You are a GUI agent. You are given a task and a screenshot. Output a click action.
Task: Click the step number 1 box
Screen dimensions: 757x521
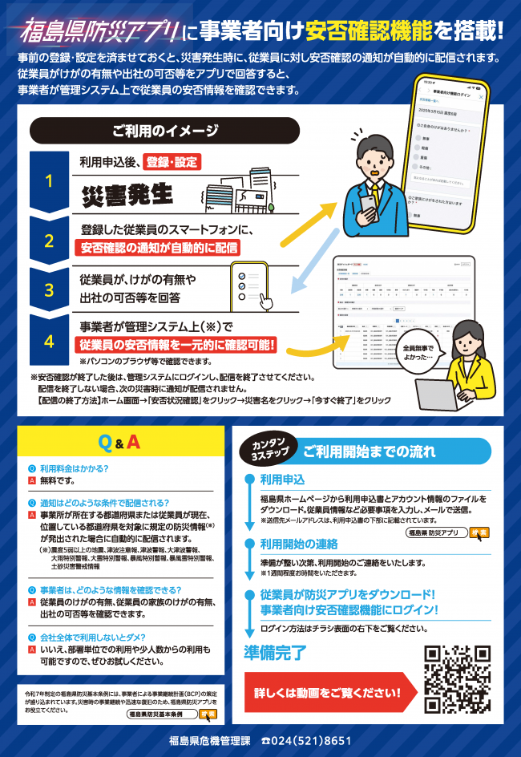point(48,181)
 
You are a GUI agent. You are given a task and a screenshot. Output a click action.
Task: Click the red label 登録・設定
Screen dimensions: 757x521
point(172,162)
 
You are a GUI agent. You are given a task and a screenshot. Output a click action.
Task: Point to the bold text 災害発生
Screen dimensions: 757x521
point(128,195)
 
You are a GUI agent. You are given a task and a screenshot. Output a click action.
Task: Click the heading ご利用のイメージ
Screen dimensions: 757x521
point(164,130)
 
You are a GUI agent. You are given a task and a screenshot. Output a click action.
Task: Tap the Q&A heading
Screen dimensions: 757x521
point(118,442)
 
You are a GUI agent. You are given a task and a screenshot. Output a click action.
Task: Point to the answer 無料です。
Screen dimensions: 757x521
point(57,481)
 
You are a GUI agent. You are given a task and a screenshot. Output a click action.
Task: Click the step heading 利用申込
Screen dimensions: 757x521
point(282,480)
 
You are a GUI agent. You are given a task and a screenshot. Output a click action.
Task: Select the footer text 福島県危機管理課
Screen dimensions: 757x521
point(210,740)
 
